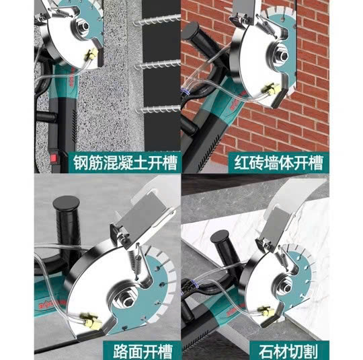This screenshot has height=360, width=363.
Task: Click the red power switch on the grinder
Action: (x=54, y=158)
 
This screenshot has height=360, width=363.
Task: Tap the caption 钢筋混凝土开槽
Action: (x=125, y=163)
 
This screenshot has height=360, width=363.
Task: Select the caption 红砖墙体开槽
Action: (x=278, y=163)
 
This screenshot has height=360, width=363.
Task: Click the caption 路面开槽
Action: (x=143, y=351)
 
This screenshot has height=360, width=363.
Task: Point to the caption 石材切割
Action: (x=288, y=352)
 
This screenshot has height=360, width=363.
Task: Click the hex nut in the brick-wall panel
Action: (x=284, y=55)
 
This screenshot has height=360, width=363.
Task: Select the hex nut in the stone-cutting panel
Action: (x=287, y=288)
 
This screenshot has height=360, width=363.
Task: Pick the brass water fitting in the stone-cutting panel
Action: (x=266, y=312)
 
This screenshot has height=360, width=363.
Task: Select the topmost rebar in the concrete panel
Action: (x=157, y=20)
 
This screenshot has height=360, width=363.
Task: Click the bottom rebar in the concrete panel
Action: (x=158, y=109)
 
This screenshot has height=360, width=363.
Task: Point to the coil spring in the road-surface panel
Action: (x=134, y=262)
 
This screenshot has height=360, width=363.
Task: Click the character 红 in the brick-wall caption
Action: (x=241, y=164)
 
